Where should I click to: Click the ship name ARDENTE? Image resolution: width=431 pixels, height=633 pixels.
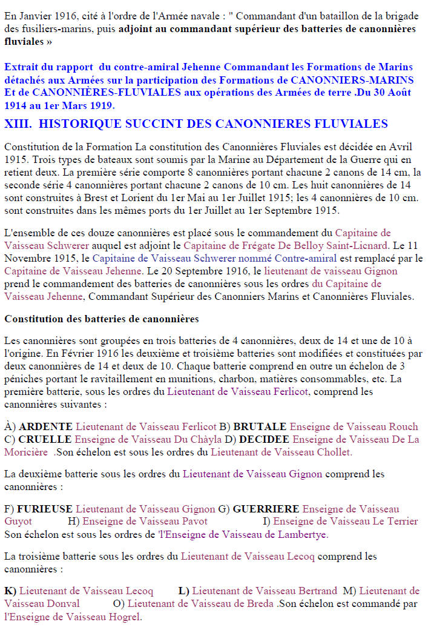pos(45,426)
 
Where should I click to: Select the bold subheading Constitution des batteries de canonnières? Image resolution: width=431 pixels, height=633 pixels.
pos(101,319)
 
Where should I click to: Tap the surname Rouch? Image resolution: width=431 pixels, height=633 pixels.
pos(404,426)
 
